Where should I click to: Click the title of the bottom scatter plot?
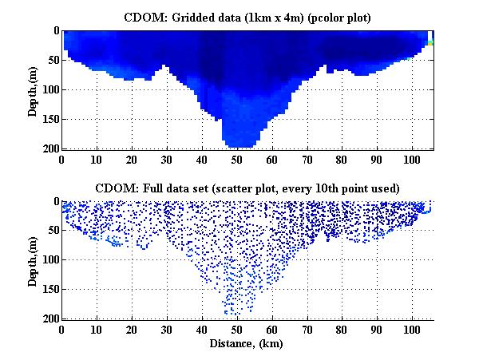tap(247, 188)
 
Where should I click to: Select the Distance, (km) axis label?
tap(247, 344)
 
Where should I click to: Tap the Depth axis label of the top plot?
tap(34, 89)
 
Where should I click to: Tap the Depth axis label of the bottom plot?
tap(34, 260)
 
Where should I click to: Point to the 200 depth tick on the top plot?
tap(50, 148)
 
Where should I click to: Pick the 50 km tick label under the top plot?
tap(237, 159)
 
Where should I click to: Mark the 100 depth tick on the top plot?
tap(50, 89)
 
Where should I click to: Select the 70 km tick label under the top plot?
tap(307, 159)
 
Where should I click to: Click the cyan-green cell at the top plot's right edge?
tap(430, 42)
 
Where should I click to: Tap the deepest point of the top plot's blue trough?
tap(238, 146)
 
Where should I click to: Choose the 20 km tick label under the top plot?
tap(132, 159)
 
